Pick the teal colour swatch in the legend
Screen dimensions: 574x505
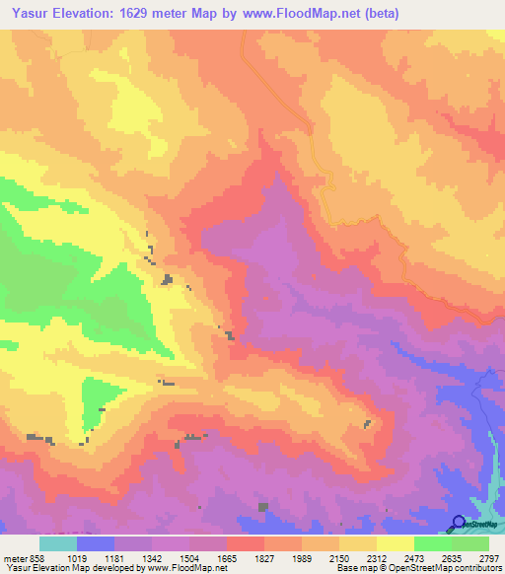(x=58, y=543)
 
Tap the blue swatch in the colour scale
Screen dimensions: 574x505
(x=96, y=543)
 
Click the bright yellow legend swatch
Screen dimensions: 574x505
(x=396, y=543)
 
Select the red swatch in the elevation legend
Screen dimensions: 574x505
(x=246, y=543)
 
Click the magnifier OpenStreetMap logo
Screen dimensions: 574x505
(x=460, y=524)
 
